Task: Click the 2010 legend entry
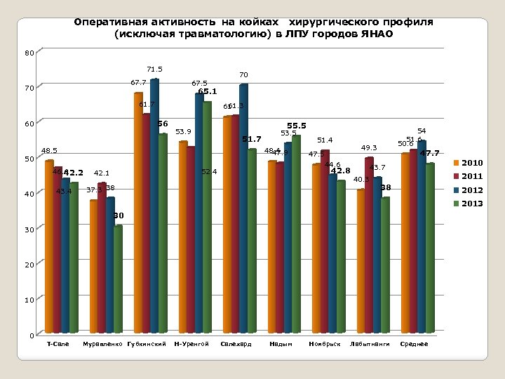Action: coord(471,163)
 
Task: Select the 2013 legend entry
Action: coord(471,204)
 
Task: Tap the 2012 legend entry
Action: coord(471,190)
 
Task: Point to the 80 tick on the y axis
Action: coord(28,53)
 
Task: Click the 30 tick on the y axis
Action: coord(28,230)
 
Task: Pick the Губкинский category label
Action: coord(147,344)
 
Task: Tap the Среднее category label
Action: coord(413,344)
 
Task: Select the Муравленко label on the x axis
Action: coord(102,344)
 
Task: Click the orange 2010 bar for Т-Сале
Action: coord(49,246)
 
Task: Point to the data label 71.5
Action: coord(155,69)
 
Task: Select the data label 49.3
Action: coord(369,148)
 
